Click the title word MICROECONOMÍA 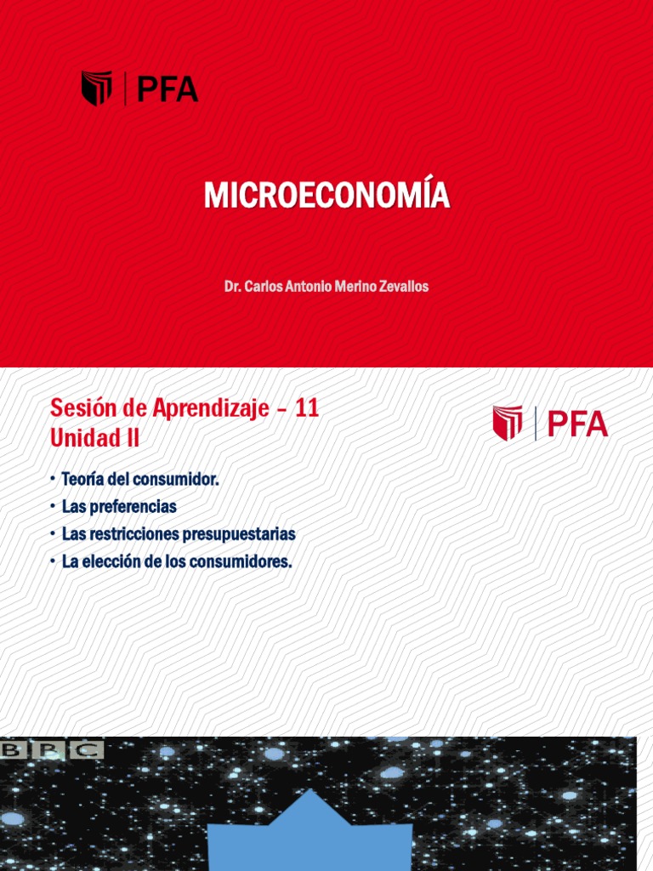pyautogui.click(x=326, y=196)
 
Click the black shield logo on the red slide pyautogui.click(x=96, y=88)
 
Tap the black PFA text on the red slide pyautogui.click(x=168, y=88)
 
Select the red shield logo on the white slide pyautogui.click(x=508, y=423)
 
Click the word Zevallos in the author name pyautogui.click(x=401, y=287)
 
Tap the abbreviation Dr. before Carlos pyautogui.click(x=232, y=287)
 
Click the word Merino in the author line pyautogui.click(x=349, y=287)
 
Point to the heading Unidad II pyautogui.click(x=95, y=439)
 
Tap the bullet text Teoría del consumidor pyautogui.click(x=140, y=480)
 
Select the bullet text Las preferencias pyautogui.click(x=119, y=507)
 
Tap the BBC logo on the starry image pyautogui.click(x=53, y=749)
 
